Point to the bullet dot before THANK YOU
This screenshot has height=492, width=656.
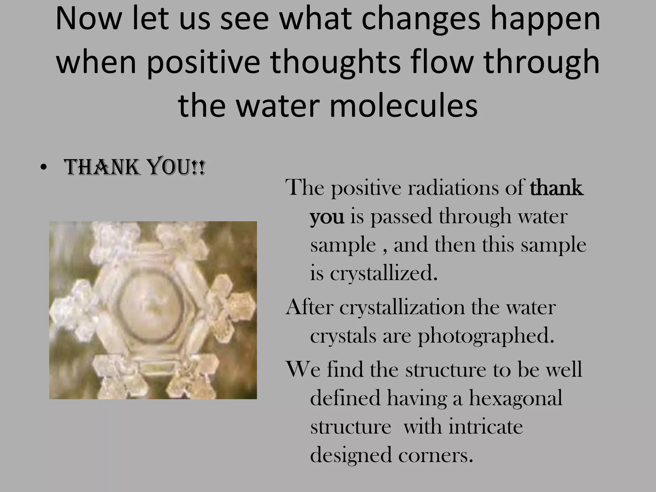[x=44, y=169]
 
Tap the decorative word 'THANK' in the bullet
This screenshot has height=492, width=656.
[x=102, y=168]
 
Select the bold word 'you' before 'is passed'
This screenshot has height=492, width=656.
[x=327, y=217]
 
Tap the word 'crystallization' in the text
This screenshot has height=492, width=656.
[x=402, y=307]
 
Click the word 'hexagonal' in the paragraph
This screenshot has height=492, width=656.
[x=516, y=398]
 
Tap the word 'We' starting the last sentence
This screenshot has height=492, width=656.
[x=303, y=369]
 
